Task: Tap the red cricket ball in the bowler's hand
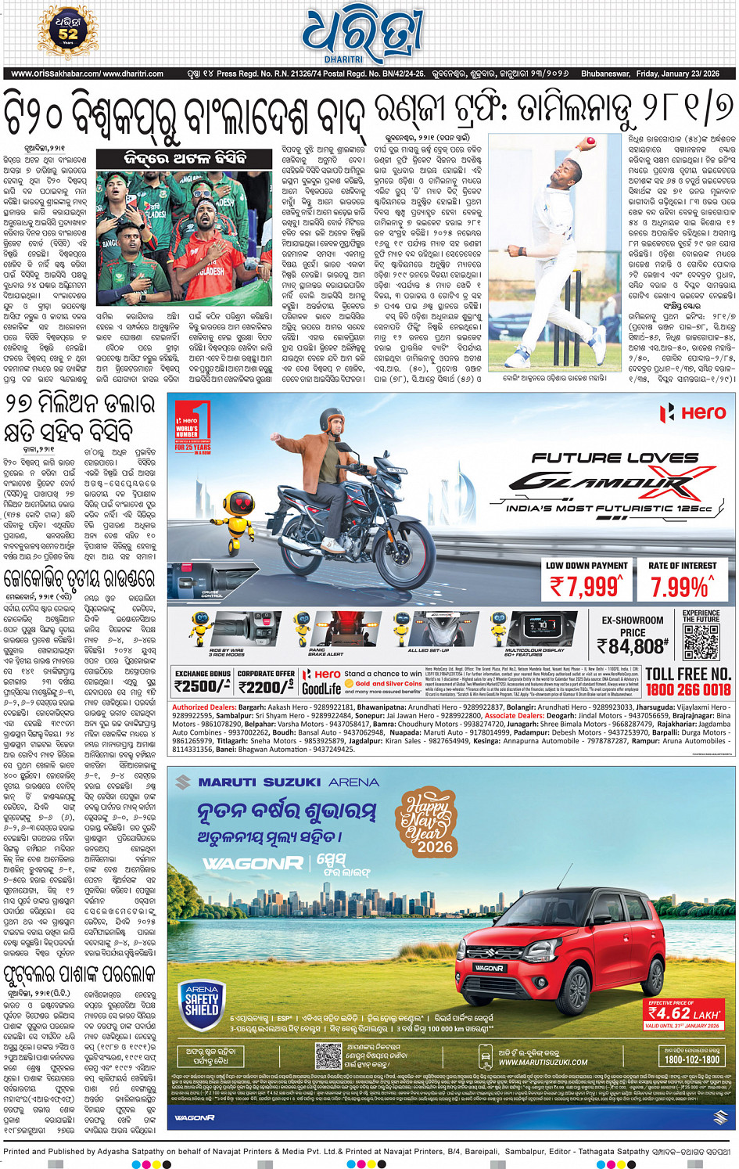pyautogui.click(x=590, y=142)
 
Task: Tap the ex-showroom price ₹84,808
pyautogui.click(x=632, y=646)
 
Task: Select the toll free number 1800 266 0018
pyautogui.click(x=688, y=689)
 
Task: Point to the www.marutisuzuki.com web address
pyautogui.click(x=543, y=1062)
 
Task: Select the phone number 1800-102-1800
pyautogui.click(x=691, y=1059)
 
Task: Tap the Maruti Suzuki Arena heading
pyautogui.click(x=288, y=782)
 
